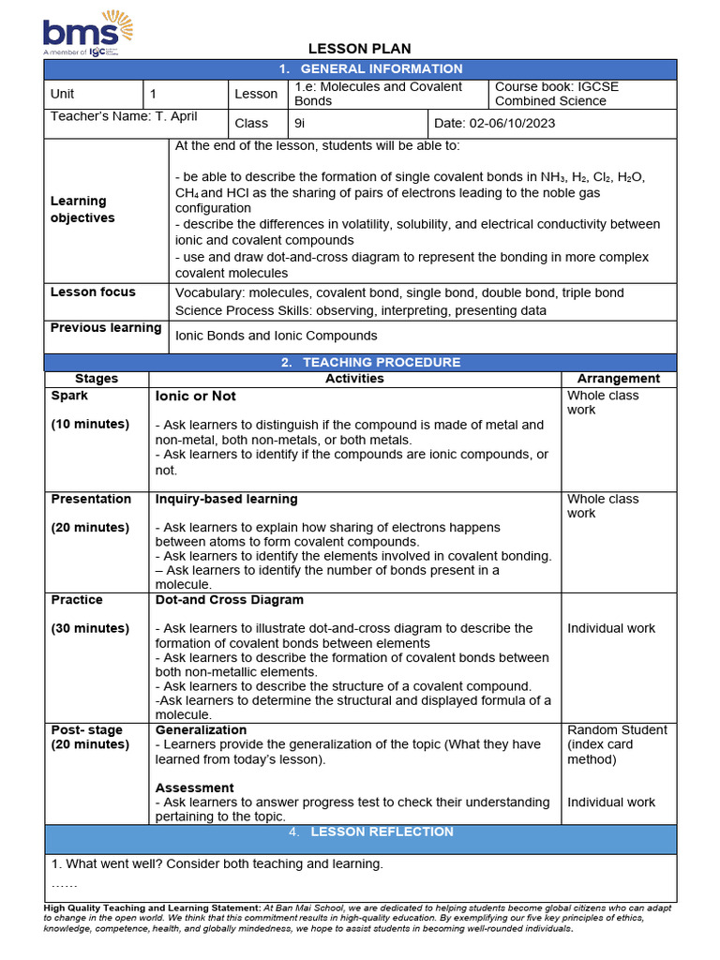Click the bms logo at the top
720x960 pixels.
pos(82,34)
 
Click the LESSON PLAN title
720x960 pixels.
pos(360,49)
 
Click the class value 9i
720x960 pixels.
pos(299,123)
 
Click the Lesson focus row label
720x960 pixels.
pos(93,292)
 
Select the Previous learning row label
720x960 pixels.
pos(106,327)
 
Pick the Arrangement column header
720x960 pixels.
pos(619,379)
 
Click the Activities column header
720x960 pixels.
pos(354,379)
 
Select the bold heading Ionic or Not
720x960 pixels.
pos(196,397)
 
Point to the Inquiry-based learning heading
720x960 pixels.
pos(227,499)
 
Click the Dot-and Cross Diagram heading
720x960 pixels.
pos(230,600)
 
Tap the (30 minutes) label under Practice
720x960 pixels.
pos(90,628)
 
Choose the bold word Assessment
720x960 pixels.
pos(195,787)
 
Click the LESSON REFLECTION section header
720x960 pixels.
pos(382,832)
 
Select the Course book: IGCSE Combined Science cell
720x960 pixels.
pos(557,94)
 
